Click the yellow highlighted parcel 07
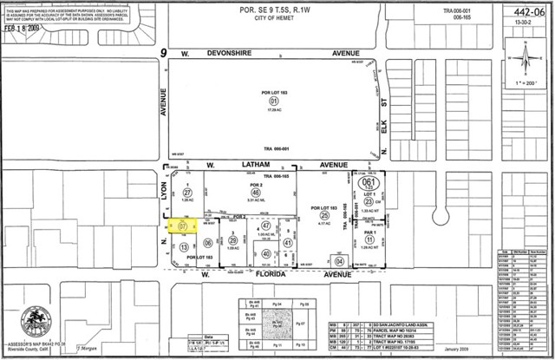pyautogui.click(x=183, y=227)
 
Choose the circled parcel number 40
pyautogui.click(x=266, y=253)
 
